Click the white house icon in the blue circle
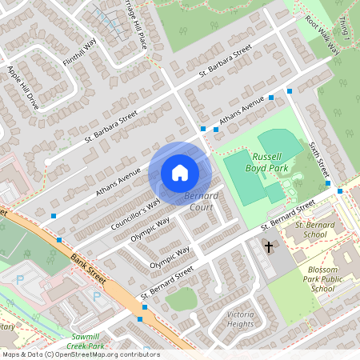tap(180, 172)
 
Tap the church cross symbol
tap(269, 247)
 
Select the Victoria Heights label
tap(241, 319)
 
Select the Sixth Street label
tap(318, 160)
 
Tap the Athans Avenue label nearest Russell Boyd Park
tap(242, 113)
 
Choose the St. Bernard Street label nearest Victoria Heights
tap(167, 284)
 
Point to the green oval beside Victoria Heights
tap(182, 299)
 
